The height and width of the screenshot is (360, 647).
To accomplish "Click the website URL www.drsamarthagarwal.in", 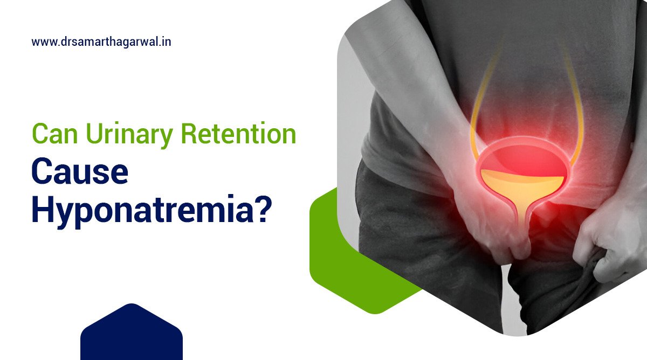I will click(101, 41).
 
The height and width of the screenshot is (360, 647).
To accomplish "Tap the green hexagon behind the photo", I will click(334, 253).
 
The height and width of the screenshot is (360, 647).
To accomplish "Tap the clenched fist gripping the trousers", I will click(609, 253).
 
